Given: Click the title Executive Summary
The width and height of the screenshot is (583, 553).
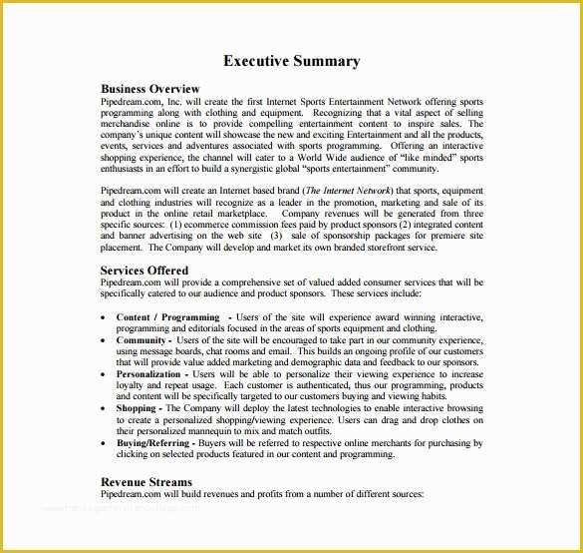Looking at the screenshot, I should click(x=291, y=61).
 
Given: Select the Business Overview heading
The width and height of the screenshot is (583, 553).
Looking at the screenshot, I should click(x=150, y=89).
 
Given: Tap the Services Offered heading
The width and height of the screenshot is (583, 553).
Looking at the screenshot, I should click(x=145, y=270).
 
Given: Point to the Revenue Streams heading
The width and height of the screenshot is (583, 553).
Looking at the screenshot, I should click(x=146, y=481).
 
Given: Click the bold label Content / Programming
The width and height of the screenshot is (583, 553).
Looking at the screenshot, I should click(x=167, y=317).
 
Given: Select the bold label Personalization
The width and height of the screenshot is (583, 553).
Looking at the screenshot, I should click(x=148, y=374).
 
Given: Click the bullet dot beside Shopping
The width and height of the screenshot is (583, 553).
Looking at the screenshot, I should click(x=106, y=409).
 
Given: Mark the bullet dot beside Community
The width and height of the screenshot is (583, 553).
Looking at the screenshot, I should click(x=106, y=340).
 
